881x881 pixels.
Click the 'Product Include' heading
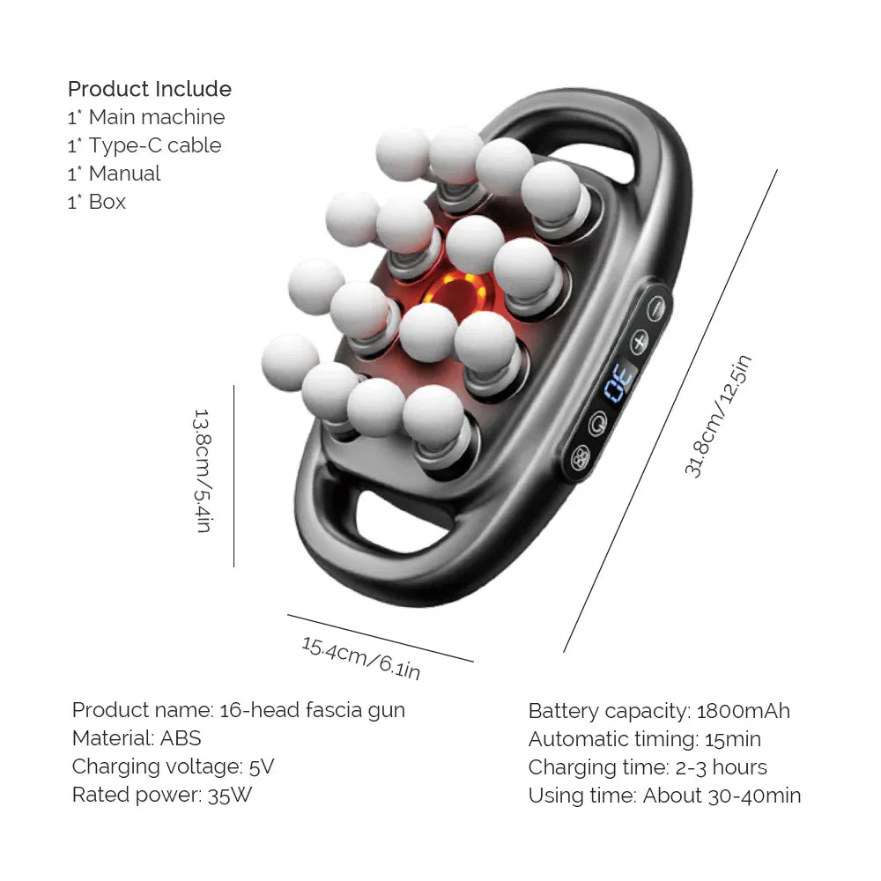(150, 89)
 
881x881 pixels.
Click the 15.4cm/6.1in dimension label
(361, 657)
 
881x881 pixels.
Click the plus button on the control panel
(639, 340)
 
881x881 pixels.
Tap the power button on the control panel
(599, 422)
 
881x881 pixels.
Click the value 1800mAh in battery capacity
(743, 711)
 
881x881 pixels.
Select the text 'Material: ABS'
(137, 738)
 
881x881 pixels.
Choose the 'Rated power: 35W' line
(163, 795)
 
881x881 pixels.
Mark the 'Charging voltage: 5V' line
(173, 766)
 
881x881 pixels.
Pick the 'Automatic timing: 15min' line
(644, 739)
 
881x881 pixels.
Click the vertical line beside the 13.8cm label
(233, 476)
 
